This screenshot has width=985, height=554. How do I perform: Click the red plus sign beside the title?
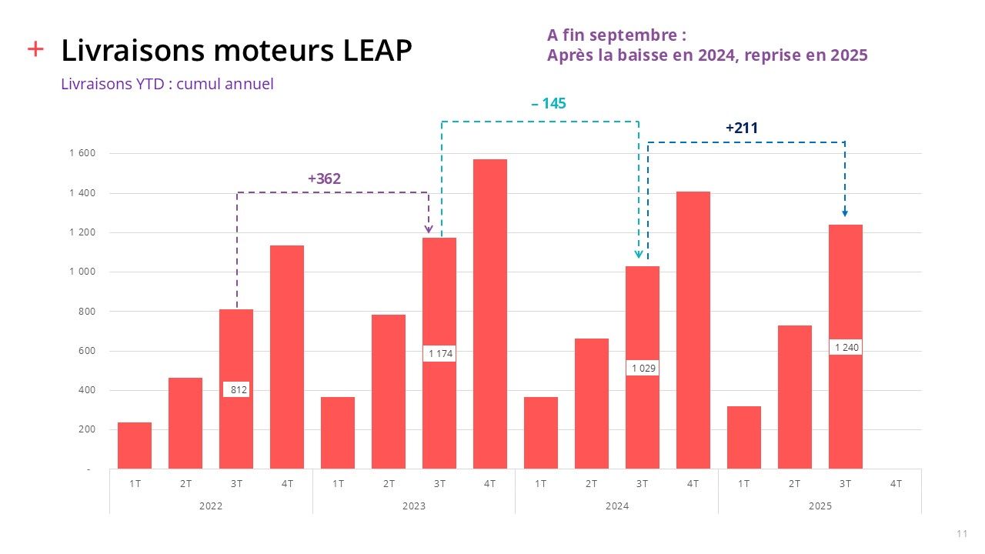pos(35,49)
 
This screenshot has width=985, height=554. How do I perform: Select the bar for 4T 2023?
pos(490,314)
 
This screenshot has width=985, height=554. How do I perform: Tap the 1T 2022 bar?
pos(135,446)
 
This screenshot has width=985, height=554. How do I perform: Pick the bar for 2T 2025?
pos(795,397)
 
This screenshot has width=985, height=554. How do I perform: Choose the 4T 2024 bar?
pos(693,330)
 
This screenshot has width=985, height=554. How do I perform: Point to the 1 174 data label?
pos(441,354)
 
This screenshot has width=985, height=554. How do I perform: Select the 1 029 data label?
pos(643,369)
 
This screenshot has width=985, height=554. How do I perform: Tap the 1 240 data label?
pos(846,348)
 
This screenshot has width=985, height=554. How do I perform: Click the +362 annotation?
pos(324,179)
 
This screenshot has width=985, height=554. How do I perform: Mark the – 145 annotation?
pos(549,103)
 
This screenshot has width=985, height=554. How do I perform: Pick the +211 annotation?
pos(742,128)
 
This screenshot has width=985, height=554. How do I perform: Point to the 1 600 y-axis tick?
pos(82,153)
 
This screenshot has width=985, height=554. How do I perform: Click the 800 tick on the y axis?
pos(85,312)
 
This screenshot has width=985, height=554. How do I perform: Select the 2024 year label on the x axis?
pos(617,506)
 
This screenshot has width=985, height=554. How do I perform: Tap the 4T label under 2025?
pos(896,483)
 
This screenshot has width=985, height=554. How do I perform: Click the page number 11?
pos(961,534)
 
